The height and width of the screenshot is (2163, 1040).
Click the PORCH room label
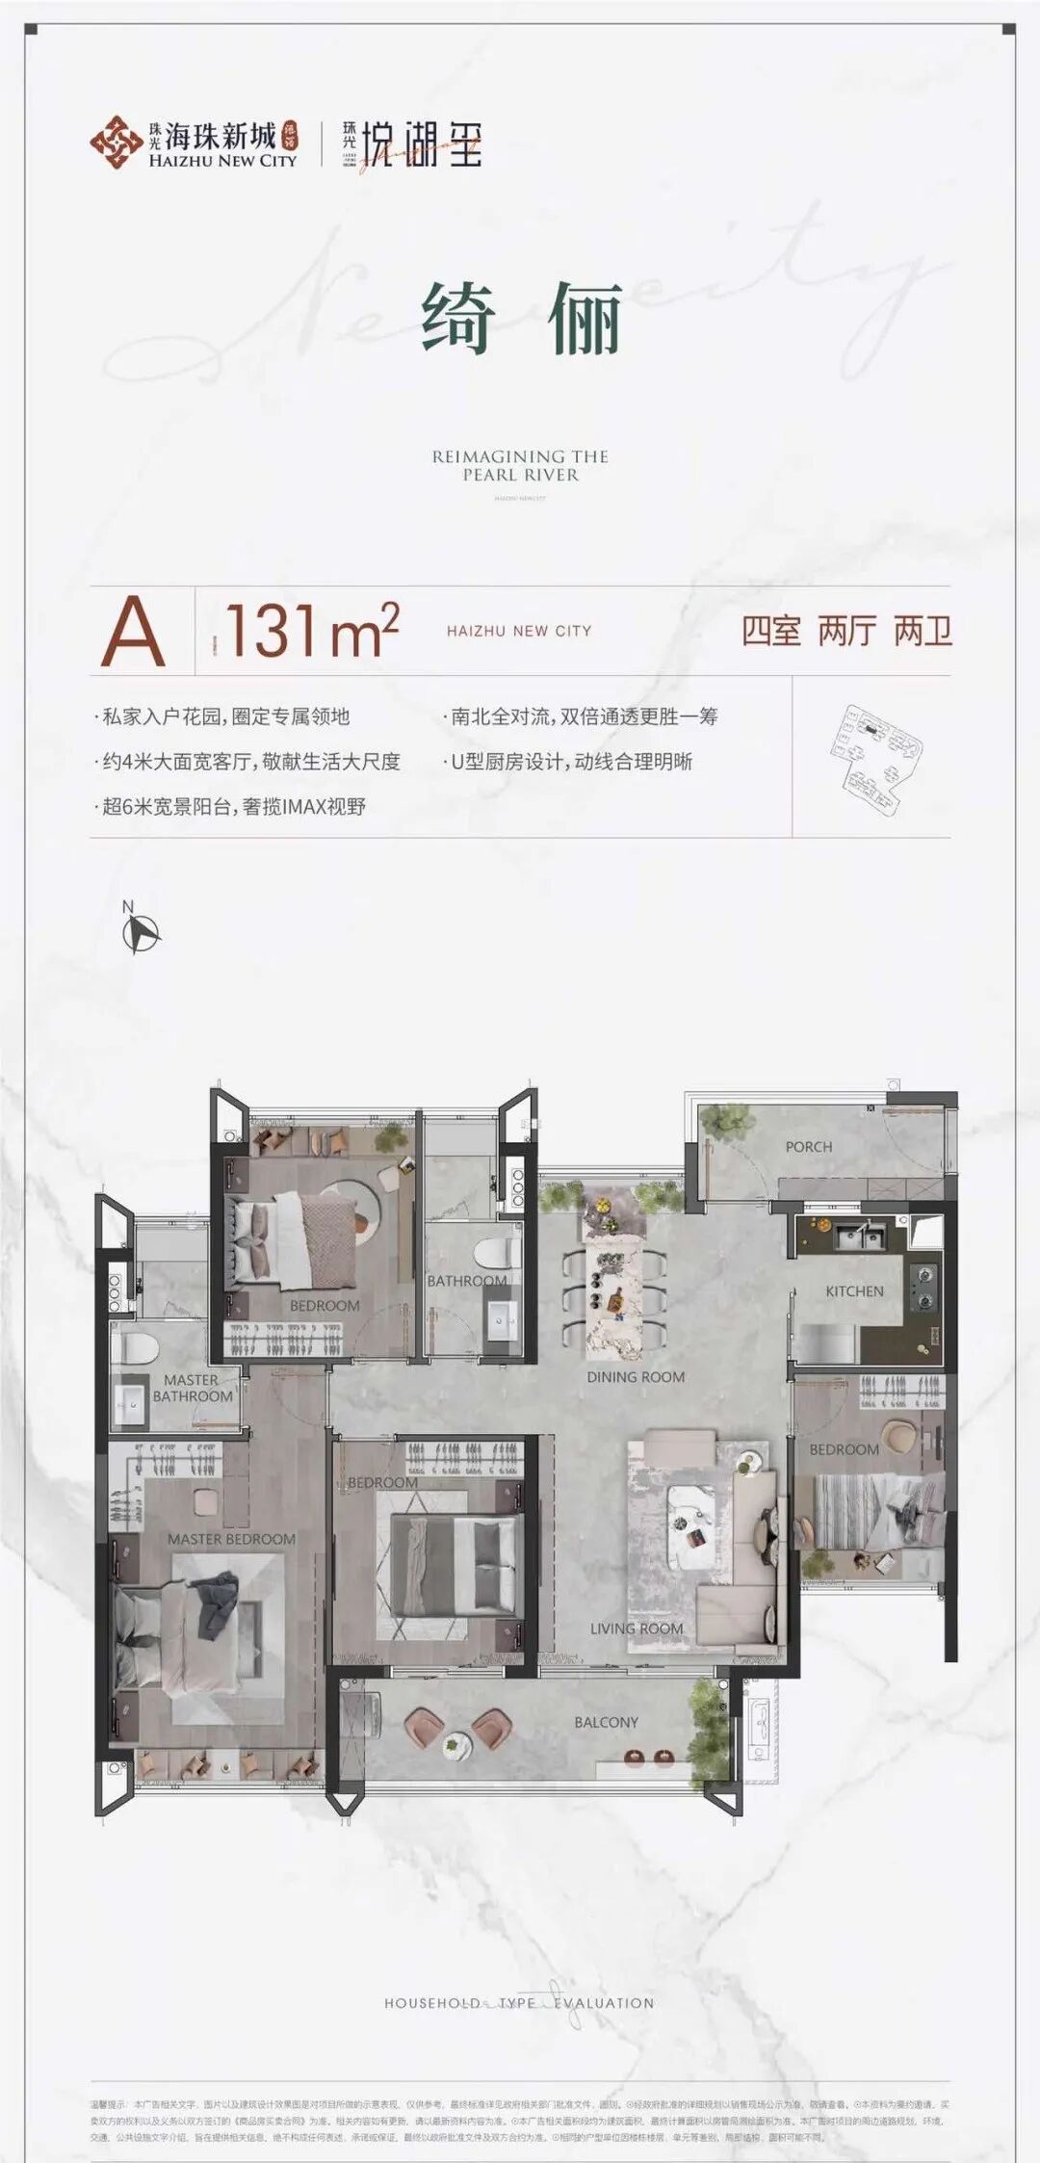click(x=809, y=1147)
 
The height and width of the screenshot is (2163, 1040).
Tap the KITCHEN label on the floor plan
click(x=854, y=1291)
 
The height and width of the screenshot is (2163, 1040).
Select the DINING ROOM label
click(x=636, y=1377)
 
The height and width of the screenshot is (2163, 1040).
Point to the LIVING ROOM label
click(x=637, y=1629)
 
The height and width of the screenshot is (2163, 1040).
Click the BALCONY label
click(x=606, y=1722)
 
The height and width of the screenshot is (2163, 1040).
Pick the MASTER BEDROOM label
click(x=231, y=1539)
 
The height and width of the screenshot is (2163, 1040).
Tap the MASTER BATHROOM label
click(x=192, y=1388)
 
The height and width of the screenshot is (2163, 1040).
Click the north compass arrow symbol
click(x=143, y=932)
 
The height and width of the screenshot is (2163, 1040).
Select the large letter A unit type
click(x=134, y=632)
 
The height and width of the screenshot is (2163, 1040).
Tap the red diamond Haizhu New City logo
click(x=116, y=143)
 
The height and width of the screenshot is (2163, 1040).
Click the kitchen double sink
click(x=860, y=1236)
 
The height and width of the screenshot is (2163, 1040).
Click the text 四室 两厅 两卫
click(x=846, y=632)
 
